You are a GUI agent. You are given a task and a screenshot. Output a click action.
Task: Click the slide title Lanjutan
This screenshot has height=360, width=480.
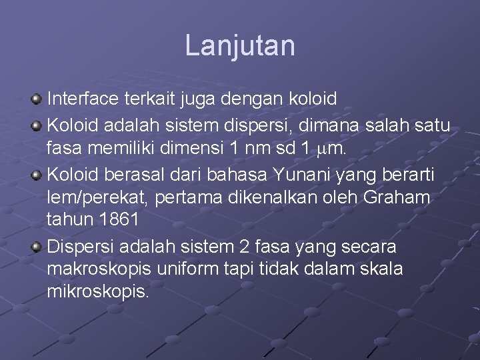[x=239, y=46]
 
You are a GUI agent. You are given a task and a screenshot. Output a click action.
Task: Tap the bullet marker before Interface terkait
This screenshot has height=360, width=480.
[x=37, y=99]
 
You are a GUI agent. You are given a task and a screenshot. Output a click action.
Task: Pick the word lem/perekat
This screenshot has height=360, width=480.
[x=98, y=198]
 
